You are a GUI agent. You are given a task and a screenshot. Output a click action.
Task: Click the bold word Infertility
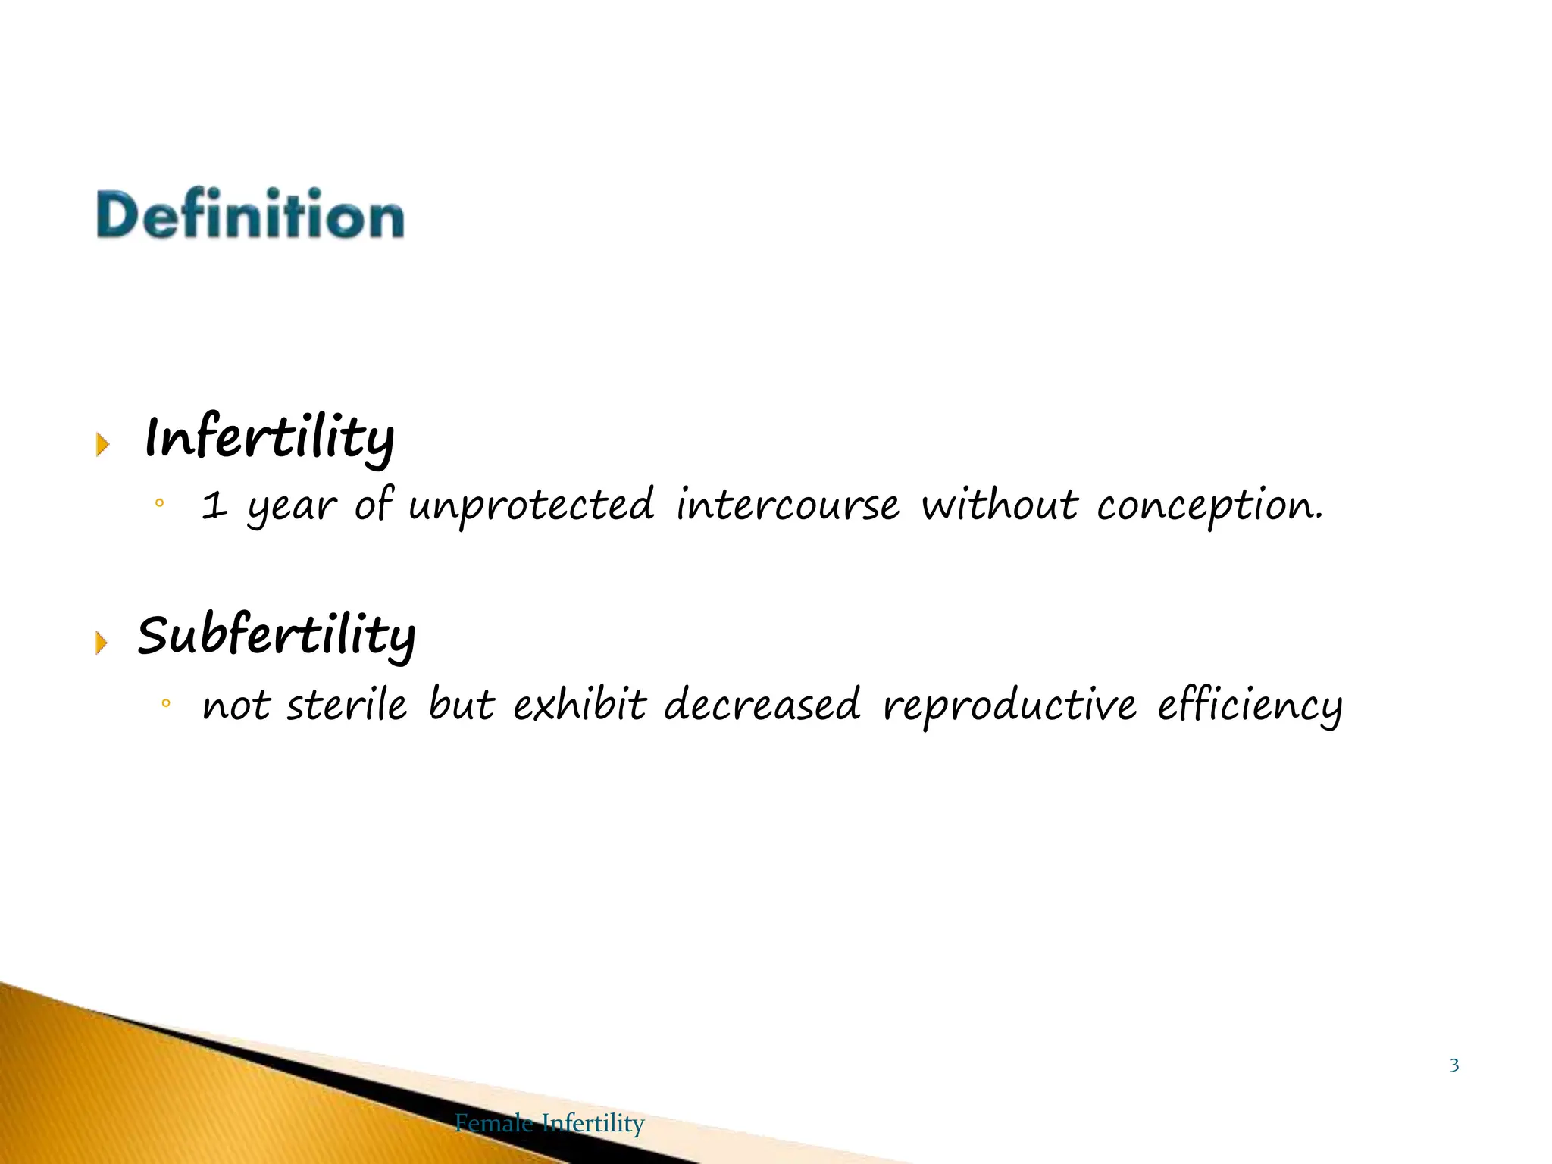(x=269, y=437)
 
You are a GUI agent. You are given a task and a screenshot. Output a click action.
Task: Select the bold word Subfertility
(x=276, y=634)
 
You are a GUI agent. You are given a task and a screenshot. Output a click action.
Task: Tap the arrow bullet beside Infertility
(x=102, y=444)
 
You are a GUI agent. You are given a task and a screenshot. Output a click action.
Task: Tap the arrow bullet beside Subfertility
(x=102, y=643)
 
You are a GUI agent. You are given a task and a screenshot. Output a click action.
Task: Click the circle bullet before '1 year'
(x=159, y=503)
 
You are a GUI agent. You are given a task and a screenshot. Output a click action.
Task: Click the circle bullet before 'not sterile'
(x=166, y=704)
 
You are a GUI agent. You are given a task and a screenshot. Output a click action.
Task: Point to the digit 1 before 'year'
(x=214, y=506)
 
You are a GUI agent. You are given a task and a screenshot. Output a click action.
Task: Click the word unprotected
(x=530, y=506)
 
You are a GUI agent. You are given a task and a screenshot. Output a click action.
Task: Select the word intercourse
(x=787, y=505)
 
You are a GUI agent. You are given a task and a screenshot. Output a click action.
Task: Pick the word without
(x=999, y=505)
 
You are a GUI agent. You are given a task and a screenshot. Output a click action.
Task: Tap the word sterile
(x=346, y=705)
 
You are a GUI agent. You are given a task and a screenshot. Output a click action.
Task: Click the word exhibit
(x=580, y=705)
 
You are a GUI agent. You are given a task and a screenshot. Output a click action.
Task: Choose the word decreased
(x=762, y=705)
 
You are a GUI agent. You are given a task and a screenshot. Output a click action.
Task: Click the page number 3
(x=1454, y=1065)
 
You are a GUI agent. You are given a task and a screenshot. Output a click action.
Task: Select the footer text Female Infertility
(x=549, y=1122)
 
